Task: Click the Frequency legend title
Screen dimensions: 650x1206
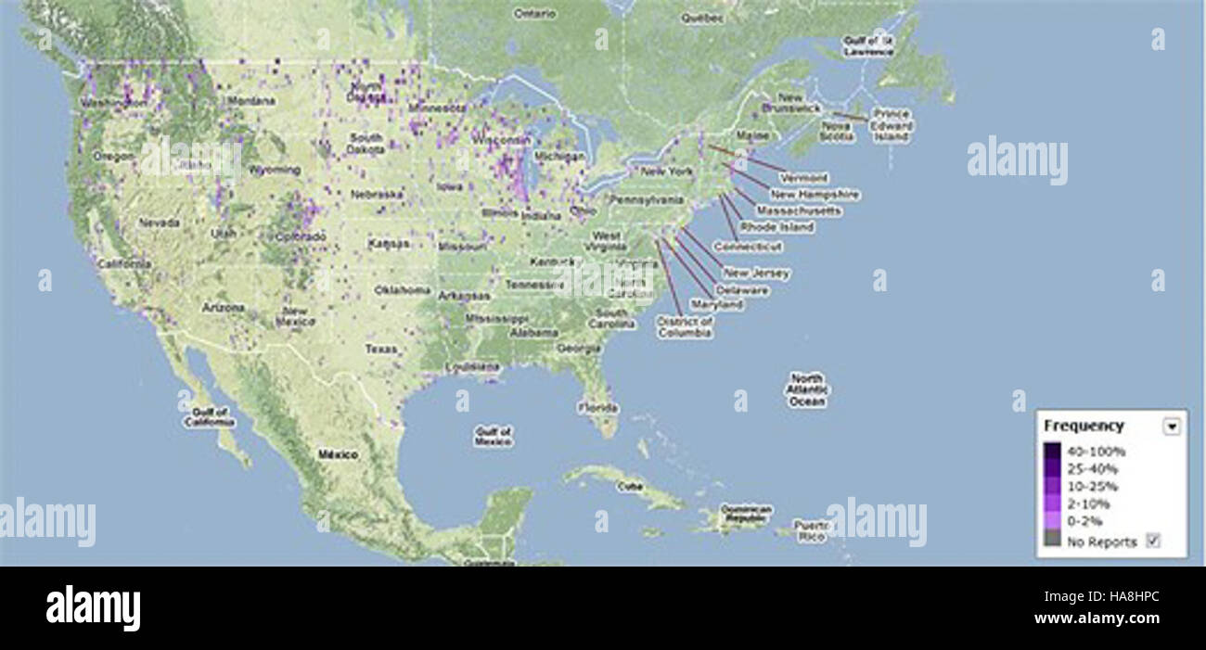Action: coord(1084,426)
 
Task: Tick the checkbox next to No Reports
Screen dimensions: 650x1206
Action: coord(1153,541)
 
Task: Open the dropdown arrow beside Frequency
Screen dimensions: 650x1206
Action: coord(1172,426)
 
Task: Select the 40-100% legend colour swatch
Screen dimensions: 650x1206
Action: coord(1051,452)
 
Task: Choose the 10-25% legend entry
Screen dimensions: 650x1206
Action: coord(1092,487)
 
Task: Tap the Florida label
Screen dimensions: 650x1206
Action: coord(598,407)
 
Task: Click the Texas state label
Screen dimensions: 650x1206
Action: coord(381,350)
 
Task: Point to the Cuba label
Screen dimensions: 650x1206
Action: coord(630,485)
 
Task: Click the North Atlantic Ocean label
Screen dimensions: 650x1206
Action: coord(806,390)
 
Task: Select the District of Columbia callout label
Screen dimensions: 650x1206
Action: coord(685,327)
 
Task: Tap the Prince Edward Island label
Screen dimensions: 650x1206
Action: coord(892,125)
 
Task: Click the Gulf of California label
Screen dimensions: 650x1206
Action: coord(209,416)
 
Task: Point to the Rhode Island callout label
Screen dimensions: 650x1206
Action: coord(777,227)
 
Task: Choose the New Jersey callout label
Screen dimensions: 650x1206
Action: coord(757,274)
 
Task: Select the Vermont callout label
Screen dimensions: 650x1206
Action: coord(804,178)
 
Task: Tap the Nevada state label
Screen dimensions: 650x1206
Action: coord(159,223)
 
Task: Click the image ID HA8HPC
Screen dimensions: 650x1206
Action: coord(1126,598)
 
